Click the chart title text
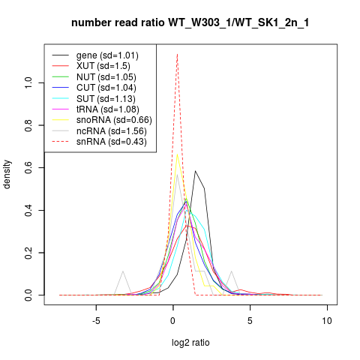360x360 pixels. pyautogui.click(x=190, y=22)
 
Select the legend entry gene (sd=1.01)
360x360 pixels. pyautogui.click(x=107, y=55)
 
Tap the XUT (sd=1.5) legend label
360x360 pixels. pyautogui.click(x=103, y=66)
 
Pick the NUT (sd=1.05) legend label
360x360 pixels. pyautogui.click(x=106, y=77)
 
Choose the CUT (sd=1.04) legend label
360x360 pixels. pyautogui.click(x=106, y=88)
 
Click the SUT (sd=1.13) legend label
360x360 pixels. pyautogui.click(x=106, y=99)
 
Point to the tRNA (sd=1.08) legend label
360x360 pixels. pyautogui.click(x=108, y=109)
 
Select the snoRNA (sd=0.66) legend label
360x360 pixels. pyautogui.click(x=114, y=120)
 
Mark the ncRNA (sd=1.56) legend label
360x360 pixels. pyautogui.click(x=112, y=131)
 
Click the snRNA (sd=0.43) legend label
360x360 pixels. pyautogui.click(x=112, y=142)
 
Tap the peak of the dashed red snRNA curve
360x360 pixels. pyautogui.click(x=177, y=54)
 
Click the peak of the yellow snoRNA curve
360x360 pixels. pyautogui.click(x=177, y=154)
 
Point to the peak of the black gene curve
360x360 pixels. pyautogui.click(x=195, y=171)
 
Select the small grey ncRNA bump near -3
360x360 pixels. pyautogui.click(x=123, y=271)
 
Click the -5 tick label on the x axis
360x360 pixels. pyautogui.click(x=96, y=321)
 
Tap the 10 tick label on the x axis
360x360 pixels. pyautogui.click(x=327, y=321)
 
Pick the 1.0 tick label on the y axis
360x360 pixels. pyautogui.click(x=28, y=82)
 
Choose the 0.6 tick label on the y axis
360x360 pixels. pyautogui.click(x=28, y=167)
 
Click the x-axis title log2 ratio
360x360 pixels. pyautogui.click(x=190, y=343)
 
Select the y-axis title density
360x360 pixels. pyautogui.click(x=7, y=174)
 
